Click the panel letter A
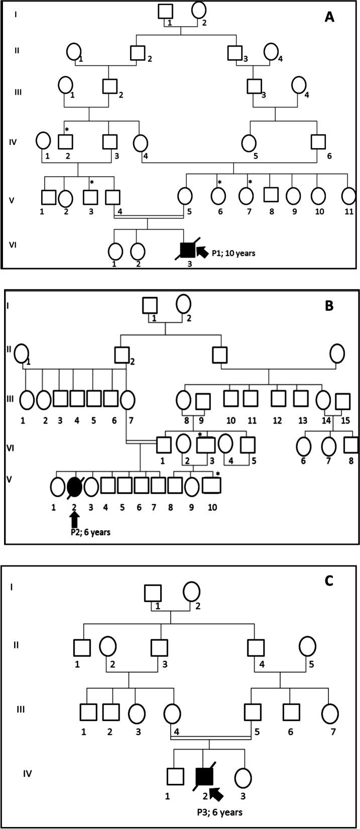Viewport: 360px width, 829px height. pyautogui.click(x=329, y=18)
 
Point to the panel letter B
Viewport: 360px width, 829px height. pyautogui.click(x=329, y=305)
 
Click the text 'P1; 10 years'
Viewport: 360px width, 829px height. pyautogui.click(x=235, y=253)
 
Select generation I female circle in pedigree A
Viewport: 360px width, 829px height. pyautogui.click(x=199, y=10)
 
